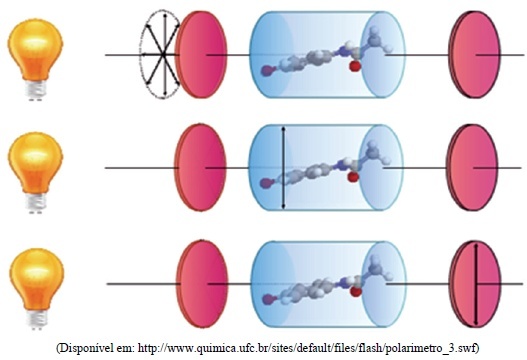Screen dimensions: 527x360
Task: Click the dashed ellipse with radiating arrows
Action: pos(161,54)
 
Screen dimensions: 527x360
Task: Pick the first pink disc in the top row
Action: pos(201,54)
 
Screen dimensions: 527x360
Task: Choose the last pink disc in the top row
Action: pos(474,54)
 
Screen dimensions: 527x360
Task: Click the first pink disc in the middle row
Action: pos(200,167)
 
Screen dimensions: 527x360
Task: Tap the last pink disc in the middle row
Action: pos(472,167)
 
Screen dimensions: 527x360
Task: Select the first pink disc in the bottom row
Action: pos(202,284)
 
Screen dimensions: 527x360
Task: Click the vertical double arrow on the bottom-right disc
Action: pos(476,284)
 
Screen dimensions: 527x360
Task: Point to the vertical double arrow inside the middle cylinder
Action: pos(284,167)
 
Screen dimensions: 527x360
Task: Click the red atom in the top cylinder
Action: pos(354,66)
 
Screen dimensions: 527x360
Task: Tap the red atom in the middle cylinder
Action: pos(353,177)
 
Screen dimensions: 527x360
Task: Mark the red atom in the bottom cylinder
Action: pos(355,292)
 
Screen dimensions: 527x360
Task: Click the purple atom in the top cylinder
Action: pos(267,71)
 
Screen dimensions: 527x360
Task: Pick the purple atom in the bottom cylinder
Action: pos(268,299)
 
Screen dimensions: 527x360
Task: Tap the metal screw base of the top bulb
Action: pos(35,89)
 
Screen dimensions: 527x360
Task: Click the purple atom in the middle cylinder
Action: pos(266,183)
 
